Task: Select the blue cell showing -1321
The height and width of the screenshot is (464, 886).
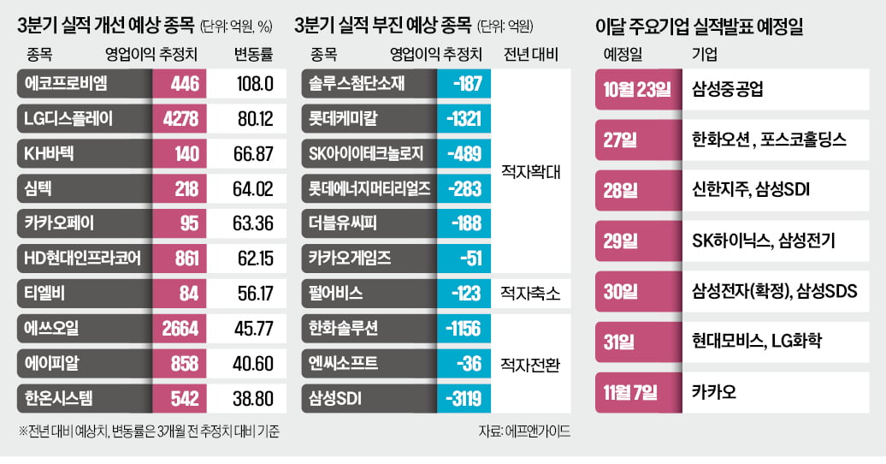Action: pos(462,119)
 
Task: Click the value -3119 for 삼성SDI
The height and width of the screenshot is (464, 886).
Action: pos(462,398)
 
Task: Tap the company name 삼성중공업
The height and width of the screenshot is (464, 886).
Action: pos(726,88)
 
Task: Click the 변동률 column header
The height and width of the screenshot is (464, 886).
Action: pos(253,56)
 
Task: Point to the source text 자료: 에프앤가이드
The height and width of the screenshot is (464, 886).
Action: pos(524,431)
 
